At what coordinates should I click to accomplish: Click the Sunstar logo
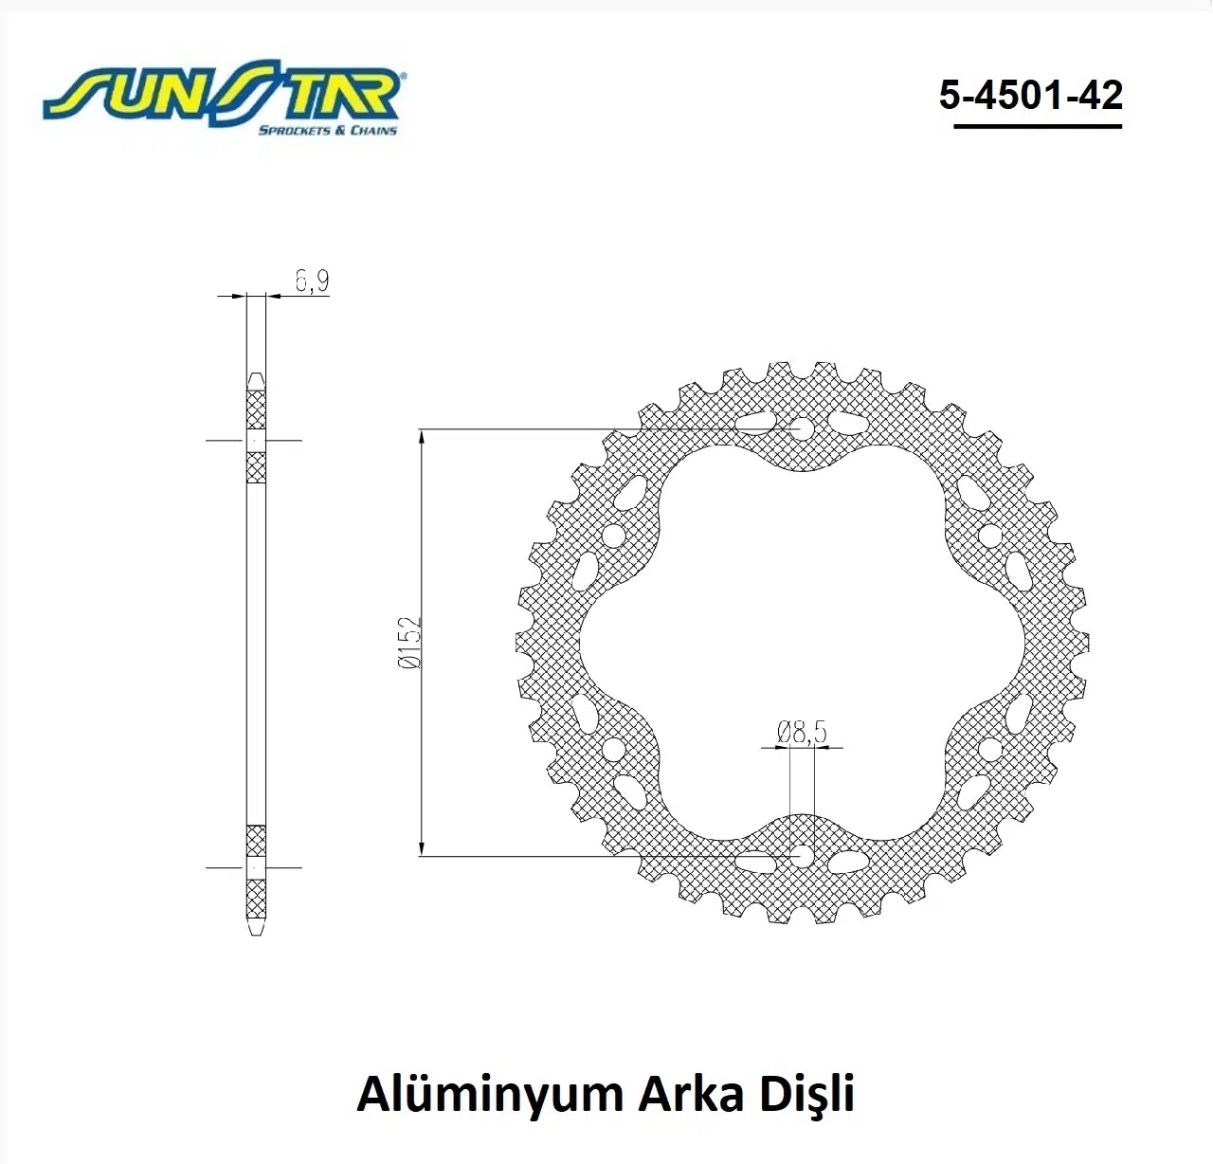coord(223,98)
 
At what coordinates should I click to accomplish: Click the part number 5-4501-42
coord(1031,95)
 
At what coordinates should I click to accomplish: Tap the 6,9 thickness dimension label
coord(312,281)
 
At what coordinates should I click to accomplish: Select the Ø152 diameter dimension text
coord(409,642)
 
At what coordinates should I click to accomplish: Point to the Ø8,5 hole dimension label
coord(803,732)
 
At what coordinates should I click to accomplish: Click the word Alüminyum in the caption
coord(489,1093)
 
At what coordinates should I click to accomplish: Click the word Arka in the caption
coord(693,1094)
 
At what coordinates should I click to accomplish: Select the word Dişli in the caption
coord(806,1095)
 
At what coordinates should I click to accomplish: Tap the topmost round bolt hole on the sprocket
coord(803,429)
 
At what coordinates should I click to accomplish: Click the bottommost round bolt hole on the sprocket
coord(803,856)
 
